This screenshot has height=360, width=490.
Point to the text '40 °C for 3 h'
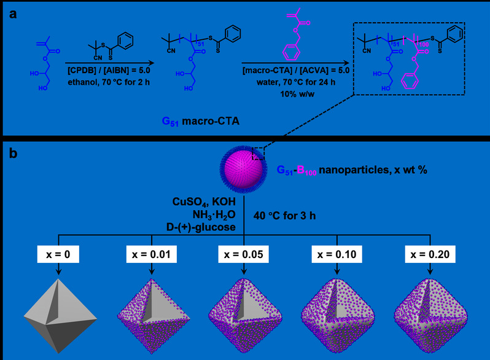click(x=281, y=216)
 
